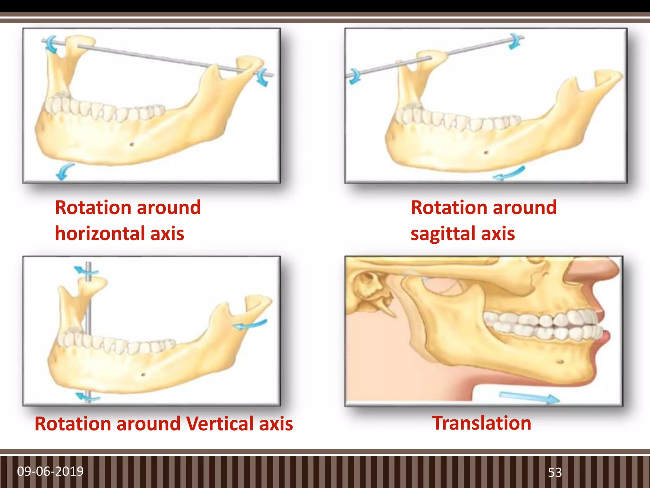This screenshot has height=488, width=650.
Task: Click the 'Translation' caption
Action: coord(481,423)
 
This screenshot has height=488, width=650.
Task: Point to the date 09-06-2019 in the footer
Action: coord(50,471)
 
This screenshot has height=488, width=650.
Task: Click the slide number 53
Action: coord(555,472)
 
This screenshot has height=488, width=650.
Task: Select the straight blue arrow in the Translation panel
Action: coord(529,398)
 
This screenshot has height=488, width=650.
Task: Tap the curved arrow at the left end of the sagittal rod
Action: coord(354,76)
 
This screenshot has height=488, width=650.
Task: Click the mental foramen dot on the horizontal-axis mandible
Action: coord(132,145)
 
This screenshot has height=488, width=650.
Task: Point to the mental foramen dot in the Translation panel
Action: coord(560,362)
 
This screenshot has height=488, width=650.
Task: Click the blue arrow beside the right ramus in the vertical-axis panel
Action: coord(250,325)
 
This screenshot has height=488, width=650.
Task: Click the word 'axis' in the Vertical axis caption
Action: coord(276,424)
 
